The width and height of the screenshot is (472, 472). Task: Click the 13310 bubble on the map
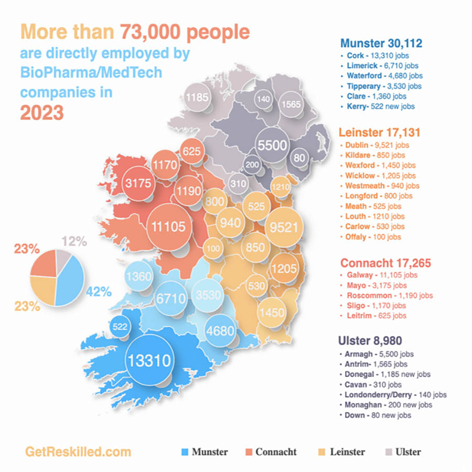pos(148,360)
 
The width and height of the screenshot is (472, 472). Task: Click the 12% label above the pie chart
pos(73,241)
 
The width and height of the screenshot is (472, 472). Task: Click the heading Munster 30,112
pos(381,43)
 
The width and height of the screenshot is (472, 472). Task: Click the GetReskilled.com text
pos(78,452)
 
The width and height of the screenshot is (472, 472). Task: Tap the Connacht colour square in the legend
pos(249,452)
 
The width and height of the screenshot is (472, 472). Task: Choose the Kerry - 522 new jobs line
pos(380,106)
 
